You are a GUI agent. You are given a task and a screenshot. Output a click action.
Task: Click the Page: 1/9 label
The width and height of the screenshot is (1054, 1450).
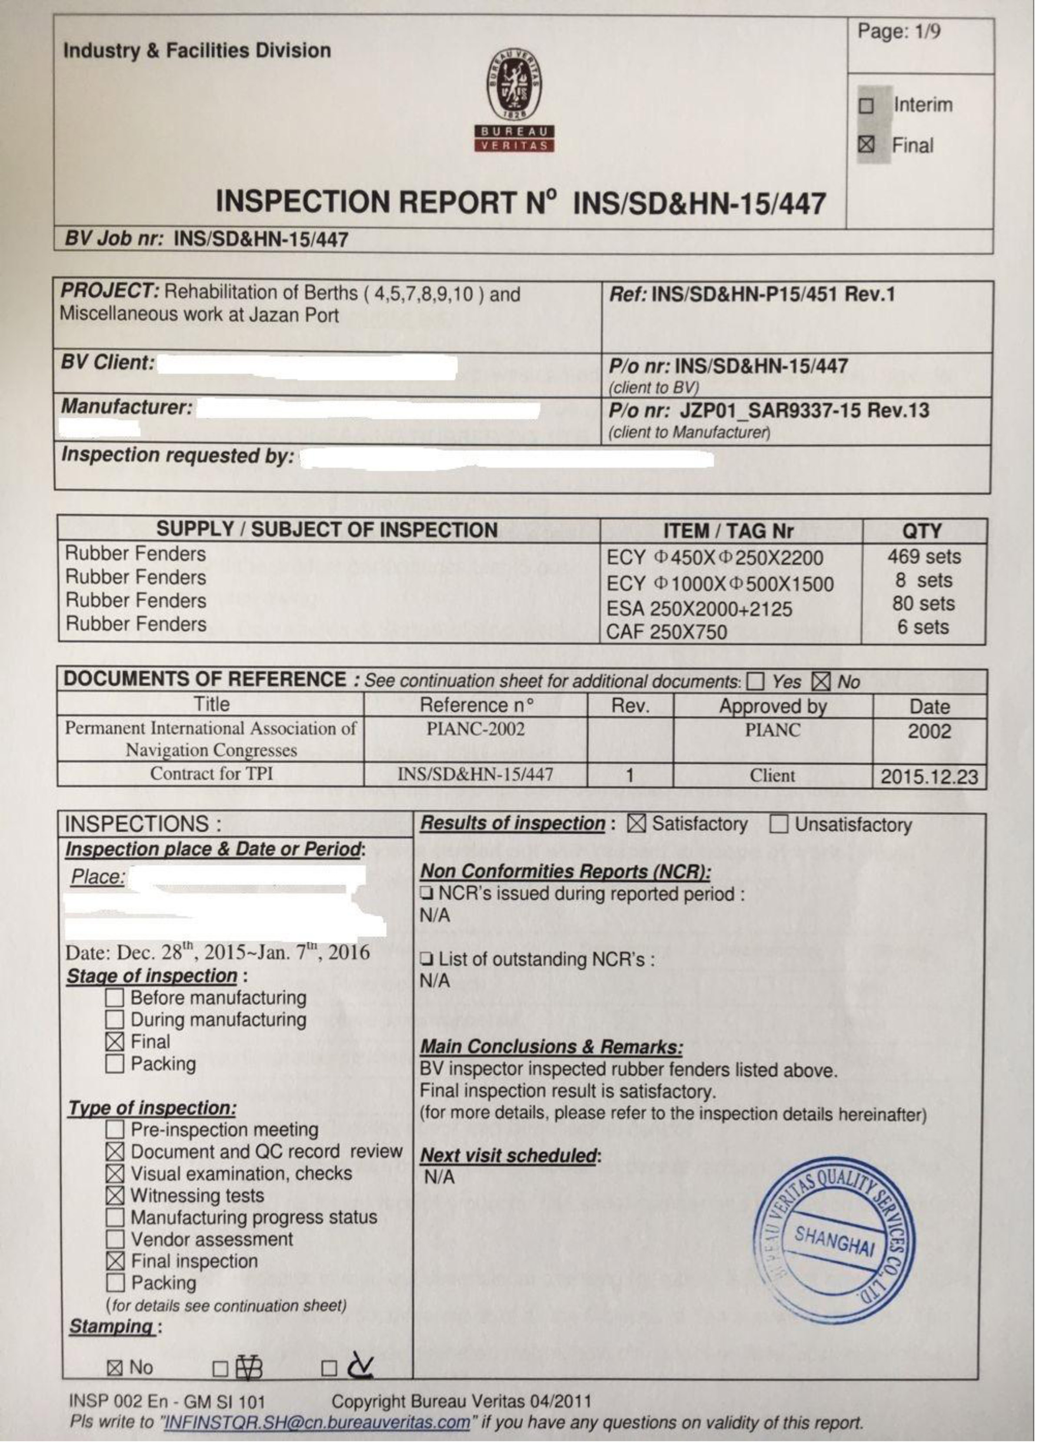[898, 31]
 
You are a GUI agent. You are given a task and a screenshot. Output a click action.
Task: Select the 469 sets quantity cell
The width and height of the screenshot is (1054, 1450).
[924, 557]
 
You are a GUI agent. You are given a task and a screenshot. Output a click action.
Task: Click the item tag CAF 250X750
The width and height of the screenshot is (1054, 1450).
[666, 632]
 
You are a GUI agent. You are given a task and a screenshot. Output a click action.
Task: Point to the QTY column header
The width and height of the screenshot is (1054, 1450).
[921, 531]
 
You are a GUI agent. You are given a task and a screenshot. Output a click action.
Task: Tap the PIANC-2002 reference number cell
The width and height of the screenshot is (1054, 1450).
[475, 729]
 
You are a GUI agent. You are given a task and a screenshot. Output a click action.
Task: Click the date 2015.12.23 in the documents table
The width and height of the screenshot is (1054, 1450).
[929, 777]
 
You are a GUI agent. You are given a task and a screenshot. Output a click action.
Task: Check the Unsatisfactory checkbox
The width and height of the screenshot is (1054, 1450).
[778, 825]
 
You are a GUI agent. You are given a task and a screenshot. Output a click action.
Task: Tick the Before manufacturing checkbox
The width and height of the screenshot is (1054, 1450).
[114, 998]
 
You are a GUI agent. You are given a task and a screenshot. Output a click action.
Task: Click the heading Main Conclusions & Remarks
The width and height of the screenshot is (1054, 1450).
[551, 1047]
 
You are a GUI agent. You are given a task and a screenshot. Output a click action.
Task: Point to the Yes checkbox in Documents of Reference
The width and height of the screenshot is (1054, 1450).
[755, 682]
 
